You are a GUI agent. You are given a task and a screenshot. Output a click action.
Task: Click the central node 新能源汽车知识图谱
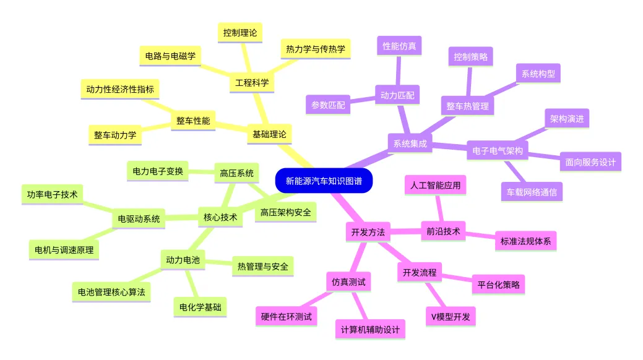click(324, 181)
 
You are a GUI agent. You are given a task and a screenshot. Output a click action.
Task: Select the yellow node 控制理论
click(240, 33)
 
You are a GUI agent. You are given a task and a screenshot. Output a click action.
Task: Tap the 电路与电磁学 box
click(170, 56)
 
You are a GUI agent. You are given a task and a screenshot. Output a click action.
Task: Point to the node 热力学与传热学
click(316, 49)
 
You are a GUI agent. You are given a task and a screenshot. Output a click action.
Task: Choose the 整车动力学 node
click(115, 135)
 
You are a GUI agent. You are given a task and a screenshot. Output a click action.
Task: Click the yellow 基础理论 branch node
click(269, 134)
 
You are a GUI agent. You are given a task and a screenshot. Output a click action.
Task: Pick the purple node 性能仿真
click(399, 46)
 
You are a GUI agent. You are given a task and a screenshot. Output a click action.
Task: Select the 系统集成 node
click(410, 144)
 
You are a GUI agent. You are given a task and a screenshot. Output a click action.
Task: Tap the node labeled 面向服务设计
click(590, 162)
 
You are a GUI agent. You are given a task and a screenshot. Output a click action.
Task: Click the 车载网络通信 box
click(532, 192)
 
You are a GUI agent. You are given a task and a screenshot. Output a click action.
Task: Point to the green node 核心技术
click(220, 217)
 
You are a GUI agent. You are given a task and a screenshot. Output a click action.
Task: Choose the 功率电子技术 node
click(52, 194)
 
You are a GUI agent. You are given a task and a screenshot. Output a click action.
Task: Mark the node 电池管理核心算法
click(111, 293)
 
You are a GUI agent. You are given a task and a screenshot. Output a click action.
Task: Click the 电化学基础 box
click(200, 307)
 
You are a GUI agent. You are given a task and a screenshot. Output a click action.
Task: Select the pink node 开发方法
click(368, 233)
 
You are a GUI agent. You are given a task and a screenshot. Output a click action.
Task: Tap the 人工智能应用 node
click(435, 186)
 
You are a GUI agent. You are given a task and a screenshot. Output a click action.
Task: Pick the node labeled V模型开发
click(451, 317)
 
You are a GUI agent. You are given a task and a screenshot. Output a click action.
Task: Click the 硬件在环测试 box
click(287, 317)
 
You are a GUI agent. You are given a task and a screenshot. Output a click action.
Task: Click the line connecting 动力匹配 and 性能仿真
click(398, 71)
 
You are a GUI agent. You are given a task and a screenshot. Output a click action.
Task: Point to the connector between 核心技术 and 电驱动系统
click(182, 218)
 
